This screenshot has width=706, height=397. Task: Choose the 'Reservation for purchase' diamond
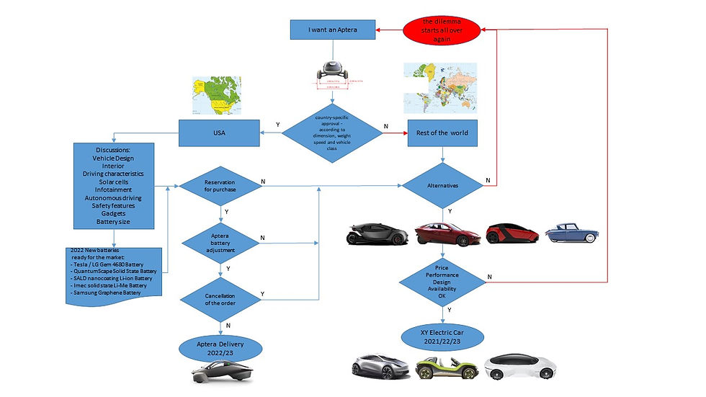pyautogui.click(x=219, y=186)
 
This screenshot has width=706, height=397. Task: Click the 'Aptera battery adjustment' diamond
pyautogui.click(x=219, y=241)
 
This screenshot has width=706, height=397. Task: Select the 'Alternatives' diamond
pyautogui.click(x=442, y=186)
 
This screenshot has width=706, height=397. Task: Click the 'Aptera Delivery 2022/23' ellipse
pyautogui.click(x=219, y=348)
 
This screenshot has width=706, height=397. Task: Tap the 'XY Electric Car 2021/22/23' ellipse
pyautogui.click(x=442, y=336)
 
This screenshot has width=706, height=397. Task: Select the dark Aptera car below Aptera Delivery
pyautogui.click(x=219, y=373)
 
